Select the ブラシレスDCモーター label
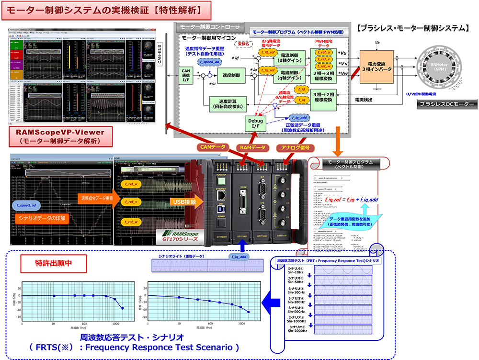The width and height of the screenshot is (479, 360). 445,104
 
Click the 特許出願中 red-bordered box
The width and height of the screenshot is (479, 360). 47,262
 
